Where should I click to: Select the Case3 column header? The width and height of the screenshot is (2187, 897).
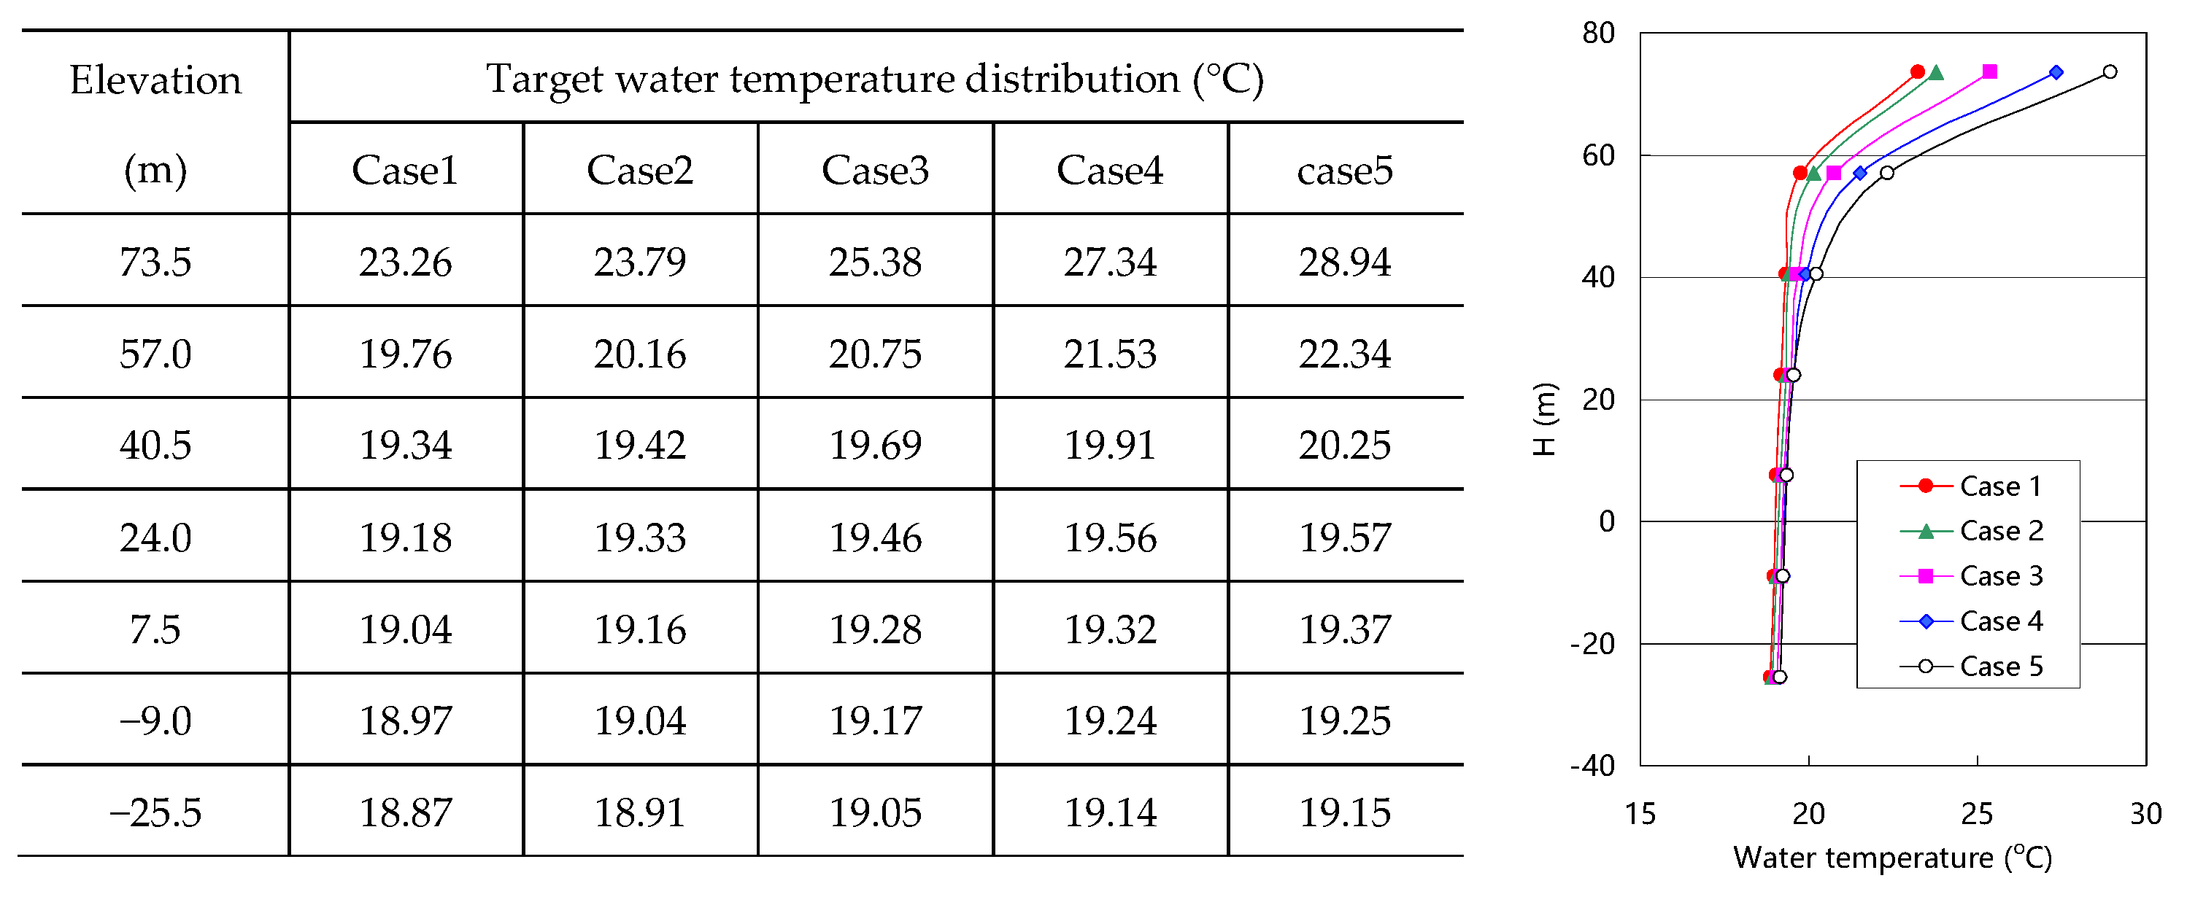coord(874,171)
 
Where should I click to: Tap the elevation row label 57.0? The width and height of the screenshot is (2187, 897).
coord(155,354)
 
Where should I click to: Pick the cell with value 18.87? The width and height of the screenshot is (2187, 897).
coord(405,813)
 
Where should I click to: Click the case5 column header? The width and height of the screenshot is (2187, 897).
coord(1344,171)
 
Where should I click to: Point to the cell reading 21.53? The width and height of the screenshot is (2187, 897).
coord(1110,354)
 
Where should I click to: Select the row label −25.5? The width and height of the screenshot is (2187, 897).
coord(155,813)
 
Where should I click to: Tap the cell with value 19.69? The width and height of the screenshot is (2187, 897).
coord(874,446)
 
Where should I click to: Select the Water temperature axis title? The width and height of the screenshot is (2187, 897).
coord(1891,858)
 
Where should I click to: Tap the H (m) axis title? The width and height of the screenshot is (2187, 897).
coord(1544,419)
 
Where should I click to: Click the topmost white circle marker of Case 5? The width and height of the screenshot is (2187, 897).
coord(2110,72)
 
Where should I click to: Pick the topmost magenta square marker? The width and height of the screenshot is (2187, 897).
coord(1989,72)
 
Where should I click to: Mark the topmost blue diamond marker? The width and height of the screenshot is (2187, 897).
coord(2056,73)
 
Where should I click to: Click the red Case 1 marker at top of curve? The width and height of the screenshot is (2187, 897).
coord(1918,72)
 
